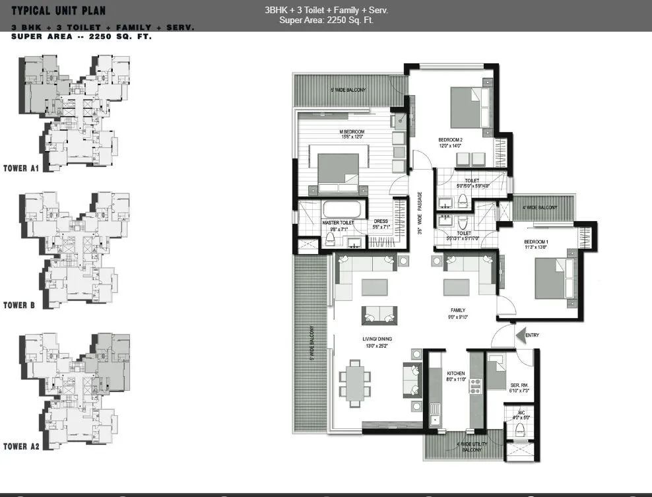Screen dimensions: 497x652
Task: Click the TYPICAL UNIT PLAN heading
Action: click(58, 10)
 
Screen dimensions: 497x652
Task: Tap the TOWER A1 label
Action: click(22, 168)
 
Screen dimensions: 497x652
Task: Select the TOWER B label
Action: click(19, 306)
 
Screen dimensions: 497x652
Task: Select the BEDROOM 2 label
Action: click(451, 139)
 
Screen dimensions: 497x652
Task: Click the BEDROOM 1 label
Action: click(536, 242)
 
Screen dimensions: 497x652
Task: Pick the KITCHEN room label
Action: click(455, 374)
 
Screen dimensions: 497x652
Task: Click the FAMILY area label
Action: click(457, 310)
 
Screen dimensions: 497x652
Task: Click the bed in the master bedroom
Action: click(339, 172)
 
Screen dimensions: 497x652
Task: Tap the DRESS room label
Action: click(381, 222)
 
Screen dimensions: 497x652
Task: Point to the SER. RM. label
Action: click(518, 385)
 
